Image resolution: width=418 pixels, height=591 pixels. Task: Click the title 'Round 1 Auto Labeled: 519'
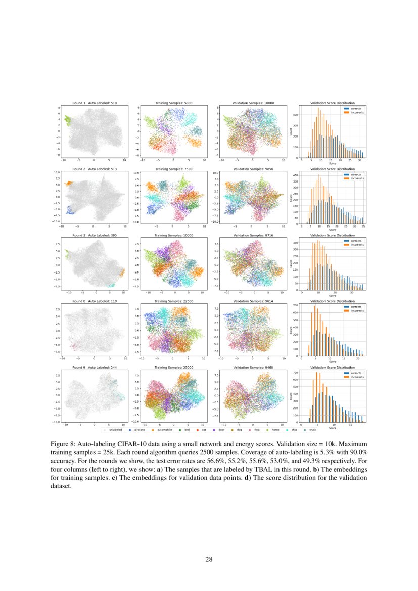coord(95,103)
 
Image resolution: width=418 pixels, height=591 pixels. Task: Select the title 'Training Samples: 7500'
coord(173,170)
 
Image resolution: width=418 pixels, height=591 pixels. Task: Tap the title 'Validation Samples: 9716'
coord(252,236)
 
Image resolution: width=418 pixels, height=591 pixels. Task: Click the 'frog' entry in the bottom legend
coord(258,429)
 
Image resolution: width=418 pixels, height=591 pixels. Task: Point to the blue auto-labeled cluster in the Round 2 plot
coord(70,212)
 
